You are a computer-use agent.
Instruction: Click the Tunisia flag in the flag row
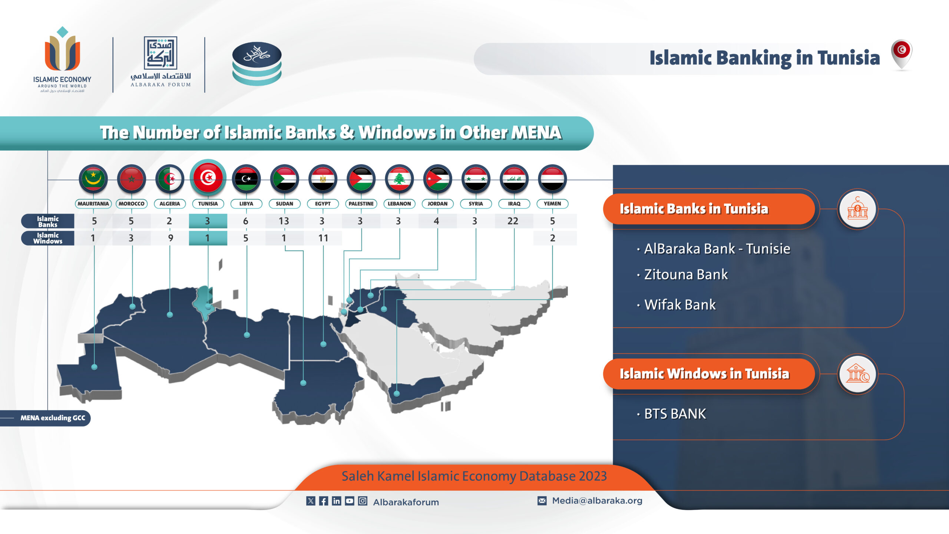coord(208,178)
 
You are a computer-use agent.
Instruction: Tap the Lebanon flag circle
coord(399,179)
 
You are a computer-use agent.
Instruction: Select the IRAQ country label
coord(514,204)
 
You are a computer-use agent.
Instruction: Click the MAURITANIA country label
coord(93,204)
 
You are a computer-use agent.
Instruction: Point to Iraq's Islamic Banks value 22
coord(513,221)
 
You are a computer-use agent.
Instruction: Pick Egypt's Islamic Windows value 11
coord(323,238)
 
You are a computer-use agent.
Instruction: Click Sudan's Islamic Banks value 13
coord(284,221)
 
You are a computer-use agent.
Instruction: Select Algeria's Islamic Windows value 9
coord(171,238)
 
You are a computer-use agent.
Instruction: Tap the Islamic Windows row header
coord(48,238)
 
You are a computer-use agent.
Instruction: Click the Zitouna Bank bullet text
coord(686,274)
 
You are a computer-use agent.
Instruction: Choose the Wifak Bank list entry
coord(680,305)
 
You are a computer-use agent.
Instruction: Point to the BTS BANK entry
coord(675,414)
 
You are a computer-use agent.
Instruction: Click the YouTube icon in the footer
coord(350,501)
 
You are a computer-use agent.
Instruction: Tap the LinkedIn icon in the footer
coord(337,501)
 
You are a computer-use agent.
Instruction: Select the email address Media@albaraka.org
coord(597,501)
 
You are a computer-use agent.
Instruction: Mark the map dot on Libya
coord(247,335)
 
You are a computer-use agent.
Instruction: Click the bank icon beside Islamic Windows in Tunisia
coord(857,374)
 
